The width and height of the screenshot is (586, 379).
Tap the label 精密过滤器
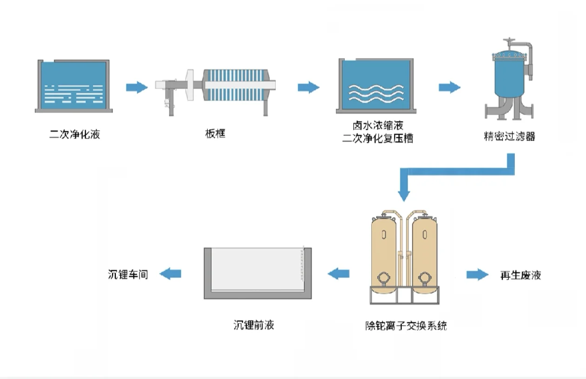509,137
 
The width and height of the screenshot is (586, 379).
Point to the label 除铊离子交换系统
406,326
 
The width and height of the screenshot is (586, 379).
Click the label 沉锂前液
253,325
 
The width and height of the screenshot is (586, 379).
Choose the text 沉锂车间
128,274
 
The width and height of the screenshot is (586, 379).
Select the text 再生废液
520,275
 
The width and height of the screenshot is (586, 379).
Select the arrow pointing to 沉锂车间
170,274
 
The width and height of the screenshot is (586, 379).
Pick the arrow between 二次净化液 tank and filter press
137,87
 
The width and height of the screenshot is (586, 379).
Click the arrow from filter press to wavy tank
308,87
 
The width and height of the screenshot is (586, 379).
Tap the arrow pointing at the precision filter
449,87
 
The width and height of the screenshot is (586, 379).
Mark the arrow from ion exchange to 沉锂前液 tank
339,274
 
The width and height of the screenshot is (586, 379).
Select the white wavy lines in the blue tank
376,93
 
